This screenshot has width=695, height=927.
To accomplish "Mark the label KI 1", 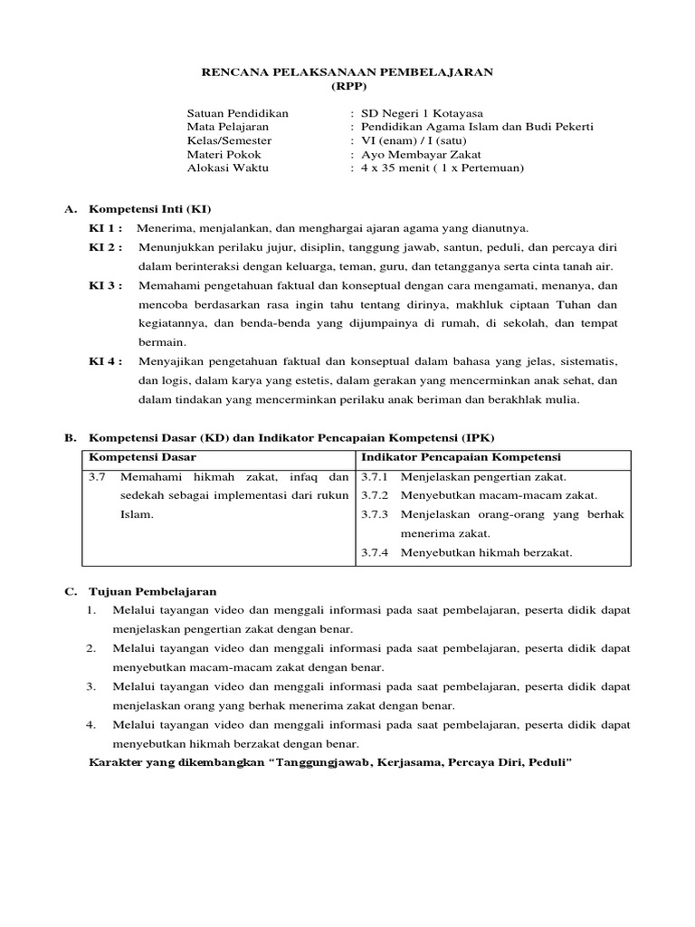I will [x=105, y=227].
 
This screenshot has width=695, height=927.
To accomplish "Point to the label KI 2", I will [x=105, y=247].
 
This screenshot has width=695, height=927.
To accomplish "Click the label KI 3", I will [x=105, y=285].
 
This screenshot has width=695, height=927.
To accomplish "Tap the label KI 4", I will [x=105, y=360].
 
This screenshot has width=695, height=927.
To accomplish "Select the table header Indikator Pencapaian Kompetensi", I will [x=461, y=457].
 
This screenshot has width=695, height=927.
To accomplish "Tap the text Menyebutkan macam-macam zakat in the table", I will [x=486, y=496].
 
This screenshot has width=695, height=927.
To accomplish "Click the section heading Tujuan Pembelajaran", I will [x=152, y=591].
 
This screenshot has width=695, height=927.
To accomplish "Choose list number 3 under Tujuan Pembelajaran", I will [x=91, y=686].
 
